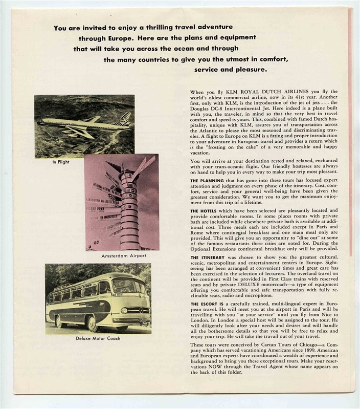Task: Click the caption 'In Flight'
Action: [60, 163]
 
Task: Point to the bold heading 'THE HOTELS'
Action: [202, 210]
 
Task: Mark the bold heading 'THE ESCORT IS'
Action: [206, 304]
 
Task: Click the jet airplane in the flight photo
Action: [77, 123]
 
